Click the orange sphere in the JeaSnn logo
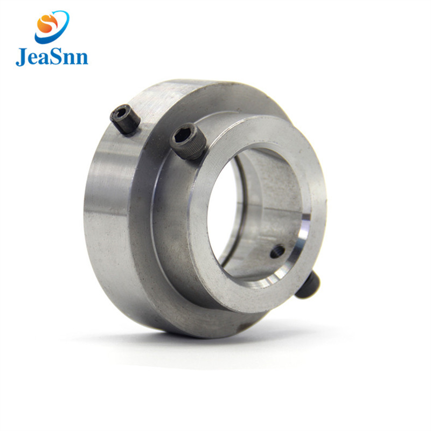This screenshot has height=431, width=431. tap(47, 24)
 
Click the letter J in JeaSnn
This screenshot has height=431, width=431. tap(21, 57)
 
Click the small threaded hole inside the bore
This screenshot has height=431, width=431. tap(278, 250)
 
